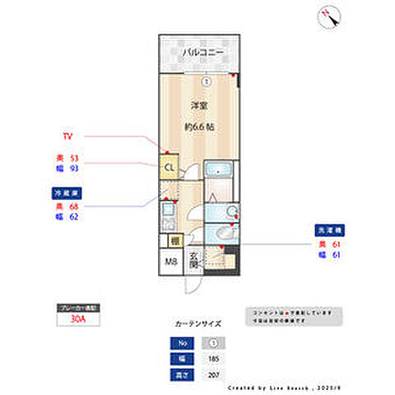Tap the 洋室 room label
(198, 106)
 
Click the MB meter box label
(170, 263)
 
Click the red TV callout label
(68, 134)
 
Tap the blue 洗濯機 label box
(328, 231)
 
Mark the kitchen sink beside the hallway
(167, 216)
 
